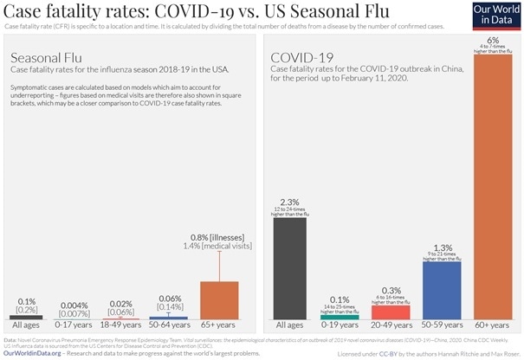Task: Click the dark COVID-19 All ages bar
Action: click(x=289, y=269)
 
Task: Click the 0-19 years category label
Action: click(x=340, y=327)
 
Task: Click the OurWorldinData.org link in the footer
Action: click(x=37, y=351)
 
